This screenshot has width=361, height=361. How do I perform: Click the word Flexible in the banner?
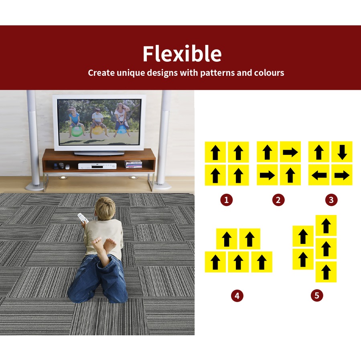tap(182, 53)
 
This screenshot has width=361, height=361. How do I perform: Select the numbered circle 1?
tap(226, 200)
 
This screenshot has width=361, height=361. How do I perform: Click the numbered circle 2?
tap(278, 200)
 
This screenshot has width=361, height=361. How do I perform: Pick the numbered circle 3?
tap(331, 200)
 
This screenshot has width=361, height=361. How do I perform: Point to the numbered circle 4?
tap(237, 296)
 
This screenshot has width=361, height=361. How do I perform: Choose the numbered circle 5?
tap(317, 295)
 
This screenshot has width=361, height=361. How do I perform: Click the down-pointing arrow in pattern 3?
tap(342, 152)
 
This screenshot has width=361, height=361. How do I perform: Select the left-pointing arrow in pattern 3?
tap(319, 175)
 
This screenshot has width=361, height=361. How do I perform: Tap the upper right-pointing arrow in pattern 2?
tap(290, 152)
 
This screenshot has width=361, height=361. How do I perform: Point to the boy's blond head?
tap(105, 209)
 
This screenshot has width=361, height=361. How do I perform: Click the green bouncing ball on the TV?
tap(77, 132)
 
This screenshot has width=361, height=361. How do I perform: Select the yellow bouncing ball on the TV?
tap(97, 130)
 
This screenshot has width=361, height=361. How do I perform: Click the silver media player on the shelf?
tap(97, 166)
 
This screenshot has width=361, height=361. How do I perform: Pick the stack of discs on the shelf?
tap(133, 164)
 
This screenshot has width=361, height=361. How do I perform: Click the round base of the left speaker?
tap(34, 187)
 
